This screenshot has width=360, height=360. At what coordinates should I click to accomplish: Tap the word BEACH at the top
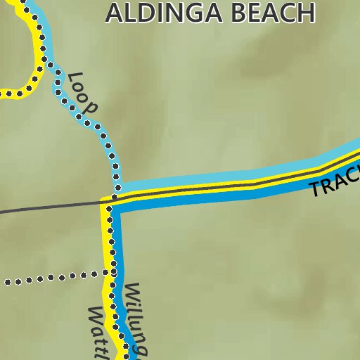pos(267,12)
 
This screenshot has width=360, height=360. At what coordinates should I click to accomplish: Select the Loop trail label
pos(82,93)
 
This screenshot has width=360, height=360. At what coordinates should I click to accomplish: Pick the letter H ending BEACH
pos(304,12)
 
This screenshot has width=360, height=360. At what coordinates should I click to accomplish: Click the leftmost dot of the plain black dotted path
pos(8,283)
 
